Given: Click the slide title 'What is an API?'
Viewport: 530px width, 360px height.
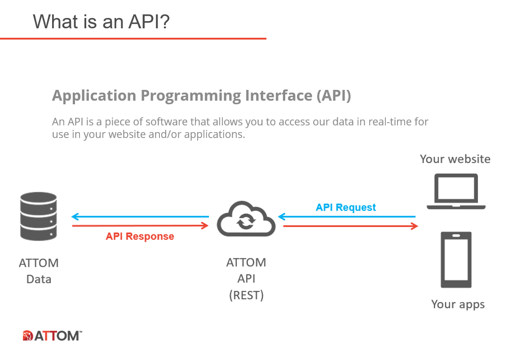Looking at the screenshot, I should (101, 22).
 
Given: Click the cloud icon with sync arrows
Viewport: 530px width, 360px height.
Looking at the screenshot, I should (246, 219).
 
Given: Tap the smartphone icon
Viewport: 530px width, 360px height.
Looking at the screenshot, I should (456, 260).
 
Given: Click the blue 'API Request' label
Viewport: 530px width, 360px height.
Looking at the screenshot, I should (346, 207).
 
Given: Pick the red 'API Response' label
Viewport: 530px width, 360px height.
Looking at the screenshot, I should (140, 236).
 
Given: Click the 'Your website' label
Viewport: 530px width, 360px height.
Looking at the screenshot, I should (455, 159).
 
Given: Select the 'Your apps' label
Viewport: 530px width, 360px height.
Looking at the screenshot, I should (458, 304).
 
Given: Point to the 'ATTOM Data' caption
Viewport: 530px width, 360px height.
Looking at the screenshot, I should (39, 271).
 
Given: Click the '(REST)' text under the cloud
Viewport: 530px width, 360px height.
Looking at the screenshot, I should (246, 295).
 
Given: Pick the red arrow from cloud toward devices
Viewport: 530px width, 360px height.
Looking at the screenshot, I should (350, 226).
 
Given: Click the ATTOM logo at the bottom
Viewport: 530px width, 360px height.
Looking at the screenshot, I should (52, 336).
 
